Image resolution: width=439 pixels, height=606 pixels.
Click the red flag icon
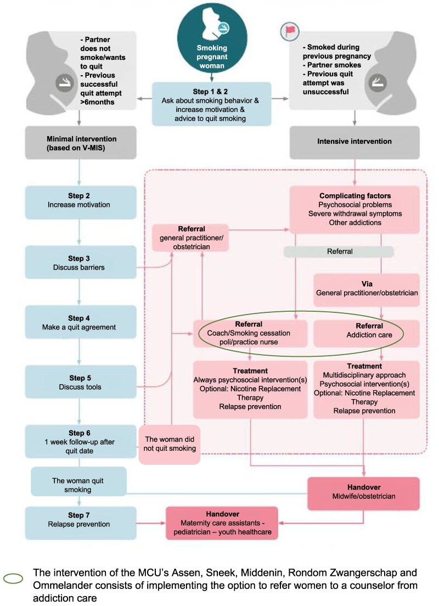(x=290, y=31)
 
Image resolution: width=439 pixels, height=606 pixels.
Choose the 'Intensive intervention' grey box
(x=354, y=141)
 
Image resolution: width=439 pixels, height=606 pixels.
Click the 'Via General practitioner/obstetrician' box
(x=367, y=288)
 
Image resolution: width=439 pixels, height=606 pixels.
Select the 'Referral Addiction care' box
(x=367, y=333)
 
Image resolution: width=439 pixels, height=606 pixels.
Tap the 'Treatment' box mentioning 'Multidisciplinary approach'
(x=367, y=388)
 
